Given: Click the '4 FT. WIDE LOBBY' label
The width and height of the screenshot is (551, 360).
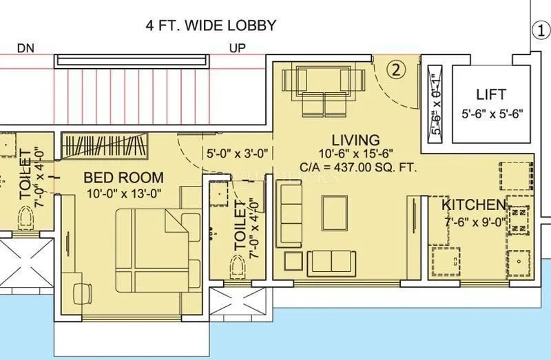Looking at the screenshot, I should [x=211, y=26].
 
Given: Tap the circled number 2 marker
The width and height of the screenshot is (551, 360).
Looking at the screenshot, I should [x=395, y=69].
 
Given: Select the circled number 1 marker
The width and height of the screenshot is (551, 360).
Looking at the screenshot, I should [x=541, y=30].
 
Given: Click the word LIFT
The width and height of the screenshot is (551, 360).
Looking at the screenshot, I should [x=491, y=94].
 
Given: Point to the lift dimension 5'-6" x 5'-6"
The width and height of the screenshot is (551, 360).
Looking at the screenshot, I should [x=492, y=114].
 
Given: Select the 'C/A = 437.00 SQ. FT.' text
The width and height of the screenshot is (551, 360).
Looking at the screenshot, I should [x=348, y=167].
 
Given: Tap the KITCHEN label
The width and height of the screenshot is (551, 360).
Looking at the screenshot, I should [x=474, y=204].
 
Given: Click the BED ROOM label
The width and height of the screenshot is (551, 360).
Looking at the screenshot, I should [x=124, y=177].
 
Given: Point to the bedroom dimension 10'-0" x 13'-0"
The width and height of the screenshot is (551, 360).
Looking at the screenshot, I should [x=124, y=194].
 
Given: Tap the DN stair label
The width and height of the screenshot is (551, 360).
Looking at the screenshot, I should [x=25, y=48].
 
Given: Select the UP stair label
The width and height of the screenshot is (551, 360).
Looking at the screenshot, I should [x=236, y=48].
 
